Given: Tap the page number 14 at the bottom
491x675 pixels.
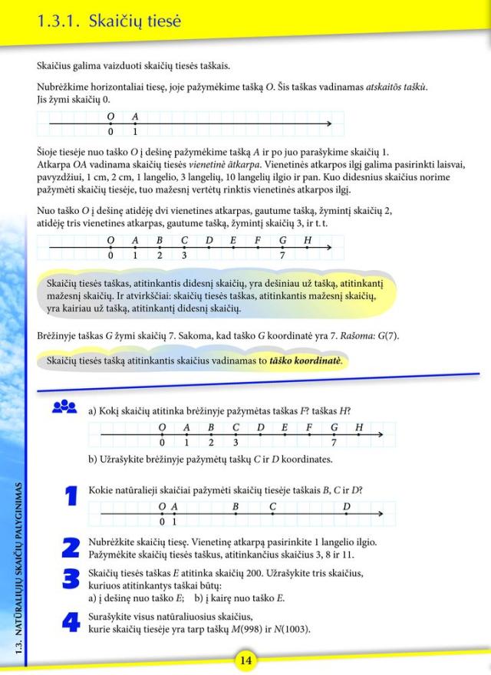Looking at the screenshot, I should pyautogui.click(x=245, y=660).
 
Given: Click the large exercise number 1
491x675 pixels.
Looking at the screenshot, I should pyautogui.click(x=71, y=497).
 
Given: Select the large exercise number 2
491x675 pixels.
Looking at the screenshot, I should pyautogui.click(x=71, y=546).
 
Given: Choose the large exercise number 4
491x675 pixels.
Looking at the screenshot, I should pyautogui.click(x=71, y=621).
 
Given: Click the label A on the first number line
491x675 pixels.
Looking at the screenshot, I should pyautogui.click(x=136, y=117).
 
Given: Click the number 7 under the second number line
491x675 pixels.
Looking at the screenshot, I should pyautogui.click(x=283, y=255).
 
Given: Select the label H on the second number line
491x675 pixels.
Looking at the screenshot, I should pyautogui.click(x=308, y=238).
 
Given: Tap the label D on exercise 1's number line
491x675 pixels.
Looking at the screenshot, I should pyautogui.click(x=347, y=506).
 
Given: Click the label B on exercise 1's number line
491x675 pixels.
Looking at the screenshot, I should pyautogui.click(x=236, y=506).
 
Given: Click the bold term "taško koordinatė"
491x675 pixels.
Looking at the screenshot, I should pyautogui.click(x=305, y=360).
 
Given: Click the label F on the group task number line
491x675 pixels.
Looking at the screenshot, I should pyautogui.click(x=308, y=427).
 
